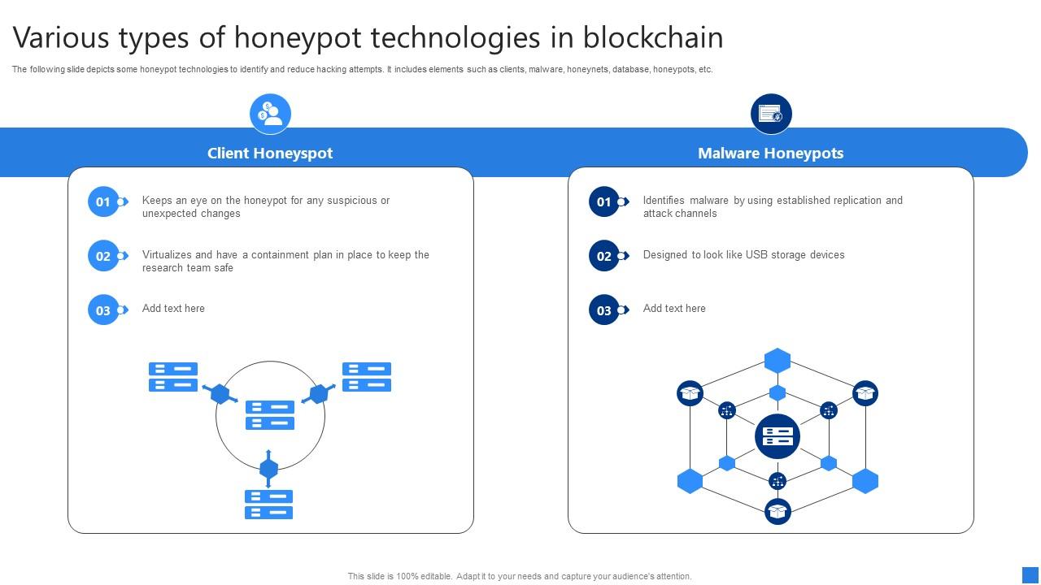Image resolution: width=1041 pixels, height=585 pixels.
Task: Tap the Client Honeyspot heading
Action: click(270, 154)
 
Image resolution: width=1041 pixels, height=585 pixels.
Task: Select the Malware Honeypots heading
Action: click(770, 154)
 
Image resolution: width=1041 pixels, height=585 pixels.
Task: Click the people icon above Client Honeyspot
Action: click(270, 113)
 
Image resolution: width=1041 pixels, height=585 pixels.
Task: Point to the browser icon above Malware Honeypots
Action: click(771, 113)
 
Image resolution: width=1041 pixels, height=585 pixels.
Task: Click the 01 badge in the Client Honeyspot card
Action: click(103, 201)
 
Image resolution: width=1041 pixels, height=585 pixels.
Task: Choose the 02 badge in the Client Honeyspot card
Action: click(103, 256)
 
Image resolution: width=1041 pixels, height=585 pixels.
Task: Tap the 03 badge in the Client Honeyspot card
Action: click(103, 310)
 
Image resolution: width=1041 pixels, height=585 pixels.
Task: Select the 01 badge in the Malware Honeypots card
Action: click(604, 201)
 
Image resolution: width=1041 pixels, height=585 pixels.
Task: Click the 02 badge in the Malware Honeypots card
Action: click(604, 256)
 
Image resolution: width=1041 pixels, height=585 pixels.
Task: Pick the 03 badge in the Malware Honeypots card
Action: click(604, 310)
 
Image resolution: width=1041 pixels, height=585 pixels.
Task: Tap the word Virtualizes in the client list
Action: click(167, 255)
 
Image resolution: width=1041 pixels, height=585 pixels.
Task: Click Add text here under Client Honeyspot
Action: click(173, 309)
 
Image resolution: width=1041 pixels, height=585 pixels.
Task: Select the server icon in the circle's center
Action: click(270, 414)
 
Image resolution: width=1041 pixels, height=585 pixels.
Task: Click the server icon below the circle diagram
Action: click(268, 504)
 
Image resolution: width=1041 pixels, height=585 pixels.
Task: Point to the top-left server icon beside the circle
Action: click(173, 377)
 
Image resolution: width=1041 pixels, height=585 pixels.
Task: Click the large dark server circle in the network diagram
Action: click(777, 435)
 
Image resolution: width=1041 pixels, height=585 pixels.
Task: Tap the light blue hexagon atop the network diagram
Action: click(777, 361)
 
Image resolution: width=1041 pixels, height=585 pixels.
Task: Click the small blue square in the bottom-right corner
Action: click(1030, 574)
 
